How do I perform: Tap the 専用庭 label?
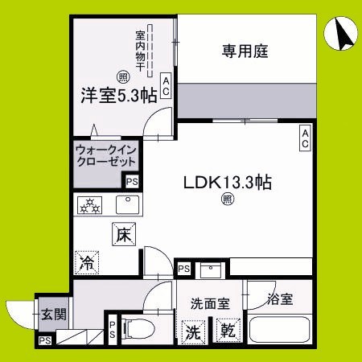(x=245, y=52)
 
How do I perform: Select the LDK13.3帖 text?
(x=229, y=182)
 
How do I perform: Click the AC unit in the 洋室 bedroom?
(x=165, y=85)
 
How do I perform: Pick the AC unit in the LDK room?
(x=306, y=138)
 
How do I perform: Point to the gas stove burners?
(x=90, y=205)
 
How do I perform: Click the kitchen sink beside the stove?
(x=127, y=205)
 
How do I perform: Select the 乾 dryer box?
(x=226, y=330)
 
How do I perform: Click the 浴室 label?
(x=281, y=299)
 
